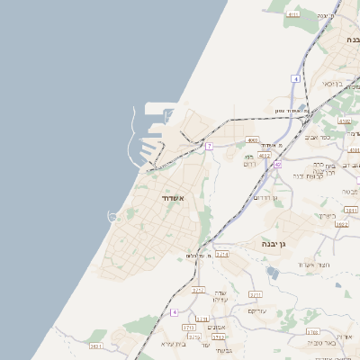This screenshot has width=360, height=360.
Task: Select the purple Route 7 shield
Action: pyautogui.click(x=209, y=146)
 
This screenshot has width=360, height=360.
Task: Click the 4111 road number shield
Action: pyautogui.click(x=293, y=14)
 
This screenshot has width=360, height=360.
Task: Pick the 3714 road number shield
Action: pyautogui.click(x=222, y=255)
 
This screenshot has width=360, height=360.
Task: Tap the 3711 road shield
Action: pyautogui.click(x=255, y=294)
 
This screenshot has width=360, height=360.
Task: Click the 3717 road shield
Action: pyautogui.click(x=198, y=290)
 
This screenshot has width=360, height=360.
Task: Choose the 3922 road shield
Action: pyautogui.click(x=341, y=223)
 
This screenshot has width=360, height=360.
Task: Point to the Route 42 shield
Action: pyautogui.click(x=278, y=165)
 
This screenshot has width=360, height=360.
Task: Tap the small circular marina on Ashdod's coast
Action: pyautogui.click(x=115, y=215)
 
